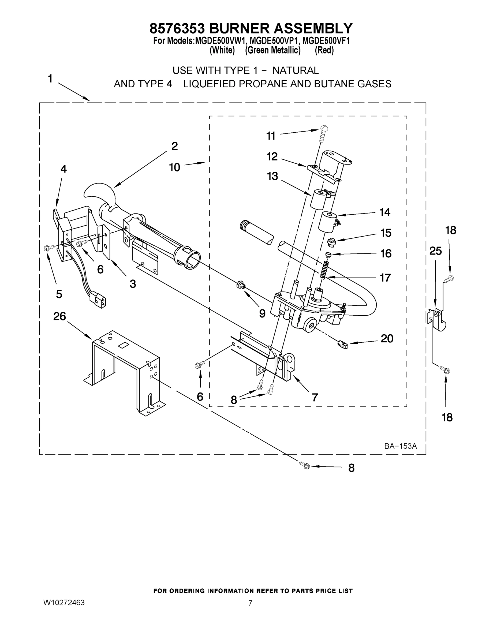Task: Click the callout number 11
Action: [x=271, y=136]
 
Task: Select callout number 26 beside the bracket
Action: [x=59, y=316]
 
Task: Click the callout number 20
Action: [x=387, y=339]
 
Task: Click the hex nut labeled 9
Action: [x=240, y=285]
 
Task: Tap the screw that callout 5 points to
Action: [x=47, y=248]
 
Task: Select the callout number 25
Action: [x=435, y=251]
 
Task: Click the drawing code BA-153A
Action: [x=401, y=446]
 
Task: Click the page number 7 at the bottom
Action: [x=250, y=603]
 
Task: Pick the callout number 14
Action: [x=385, y=212]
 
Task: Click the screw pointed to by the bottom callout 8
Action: [x=306, y=465]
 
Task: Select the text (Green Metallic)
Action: [x=273, y=50]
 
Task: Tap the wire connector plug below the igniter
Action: [x=99, y=299]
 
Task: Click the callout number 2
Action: [x=175, y=146]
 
